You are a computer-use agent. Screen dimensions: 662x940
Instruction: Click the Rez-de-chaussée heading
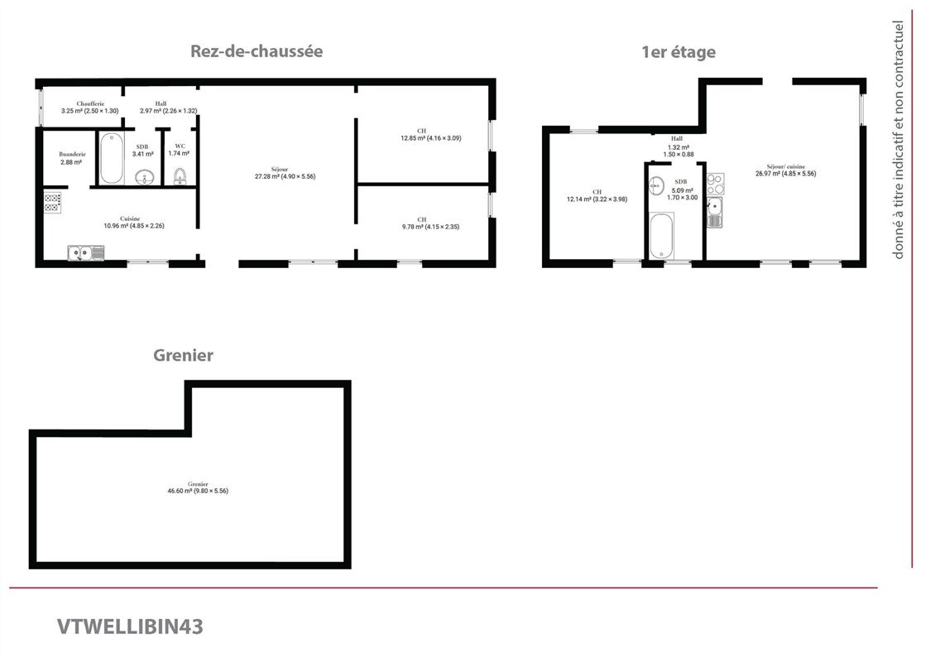257,51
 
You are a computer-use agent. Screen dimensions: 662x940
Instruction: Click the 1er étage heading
679,52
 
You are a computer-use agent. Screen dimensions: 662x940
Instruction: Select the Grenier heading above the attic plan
183,355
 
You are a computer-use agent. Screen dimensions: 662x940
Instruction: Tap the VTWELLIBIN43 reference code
130,626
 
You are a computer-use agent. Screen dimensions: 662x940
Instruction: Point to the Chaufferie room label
89,107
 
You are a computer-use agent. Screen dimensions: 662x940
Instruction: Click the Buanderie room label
72,158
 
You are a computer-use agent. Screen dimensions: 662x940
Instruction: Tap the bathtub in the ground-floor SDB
112,158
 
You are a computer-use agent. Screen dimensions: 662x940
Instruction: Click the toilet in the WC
180,175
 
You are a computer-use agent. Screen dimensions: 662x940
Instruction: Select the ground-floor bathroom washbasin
146,176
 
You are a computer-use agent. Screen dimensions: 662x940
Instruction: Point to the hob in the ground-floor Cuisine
53,202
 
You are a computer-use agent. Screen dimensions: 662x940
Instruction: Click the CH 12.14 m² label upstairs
597,195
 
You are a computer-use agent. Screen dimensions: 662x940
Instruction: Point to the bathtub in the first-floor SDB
661,237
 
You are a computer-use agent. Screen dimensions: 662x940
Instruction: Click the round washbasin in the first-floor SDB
657,185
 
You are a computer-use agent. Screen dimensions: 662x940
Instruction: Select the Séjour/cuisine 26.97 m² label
785,170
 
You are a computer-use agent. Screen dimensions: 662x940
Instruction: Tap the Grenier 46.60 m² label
197,487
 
